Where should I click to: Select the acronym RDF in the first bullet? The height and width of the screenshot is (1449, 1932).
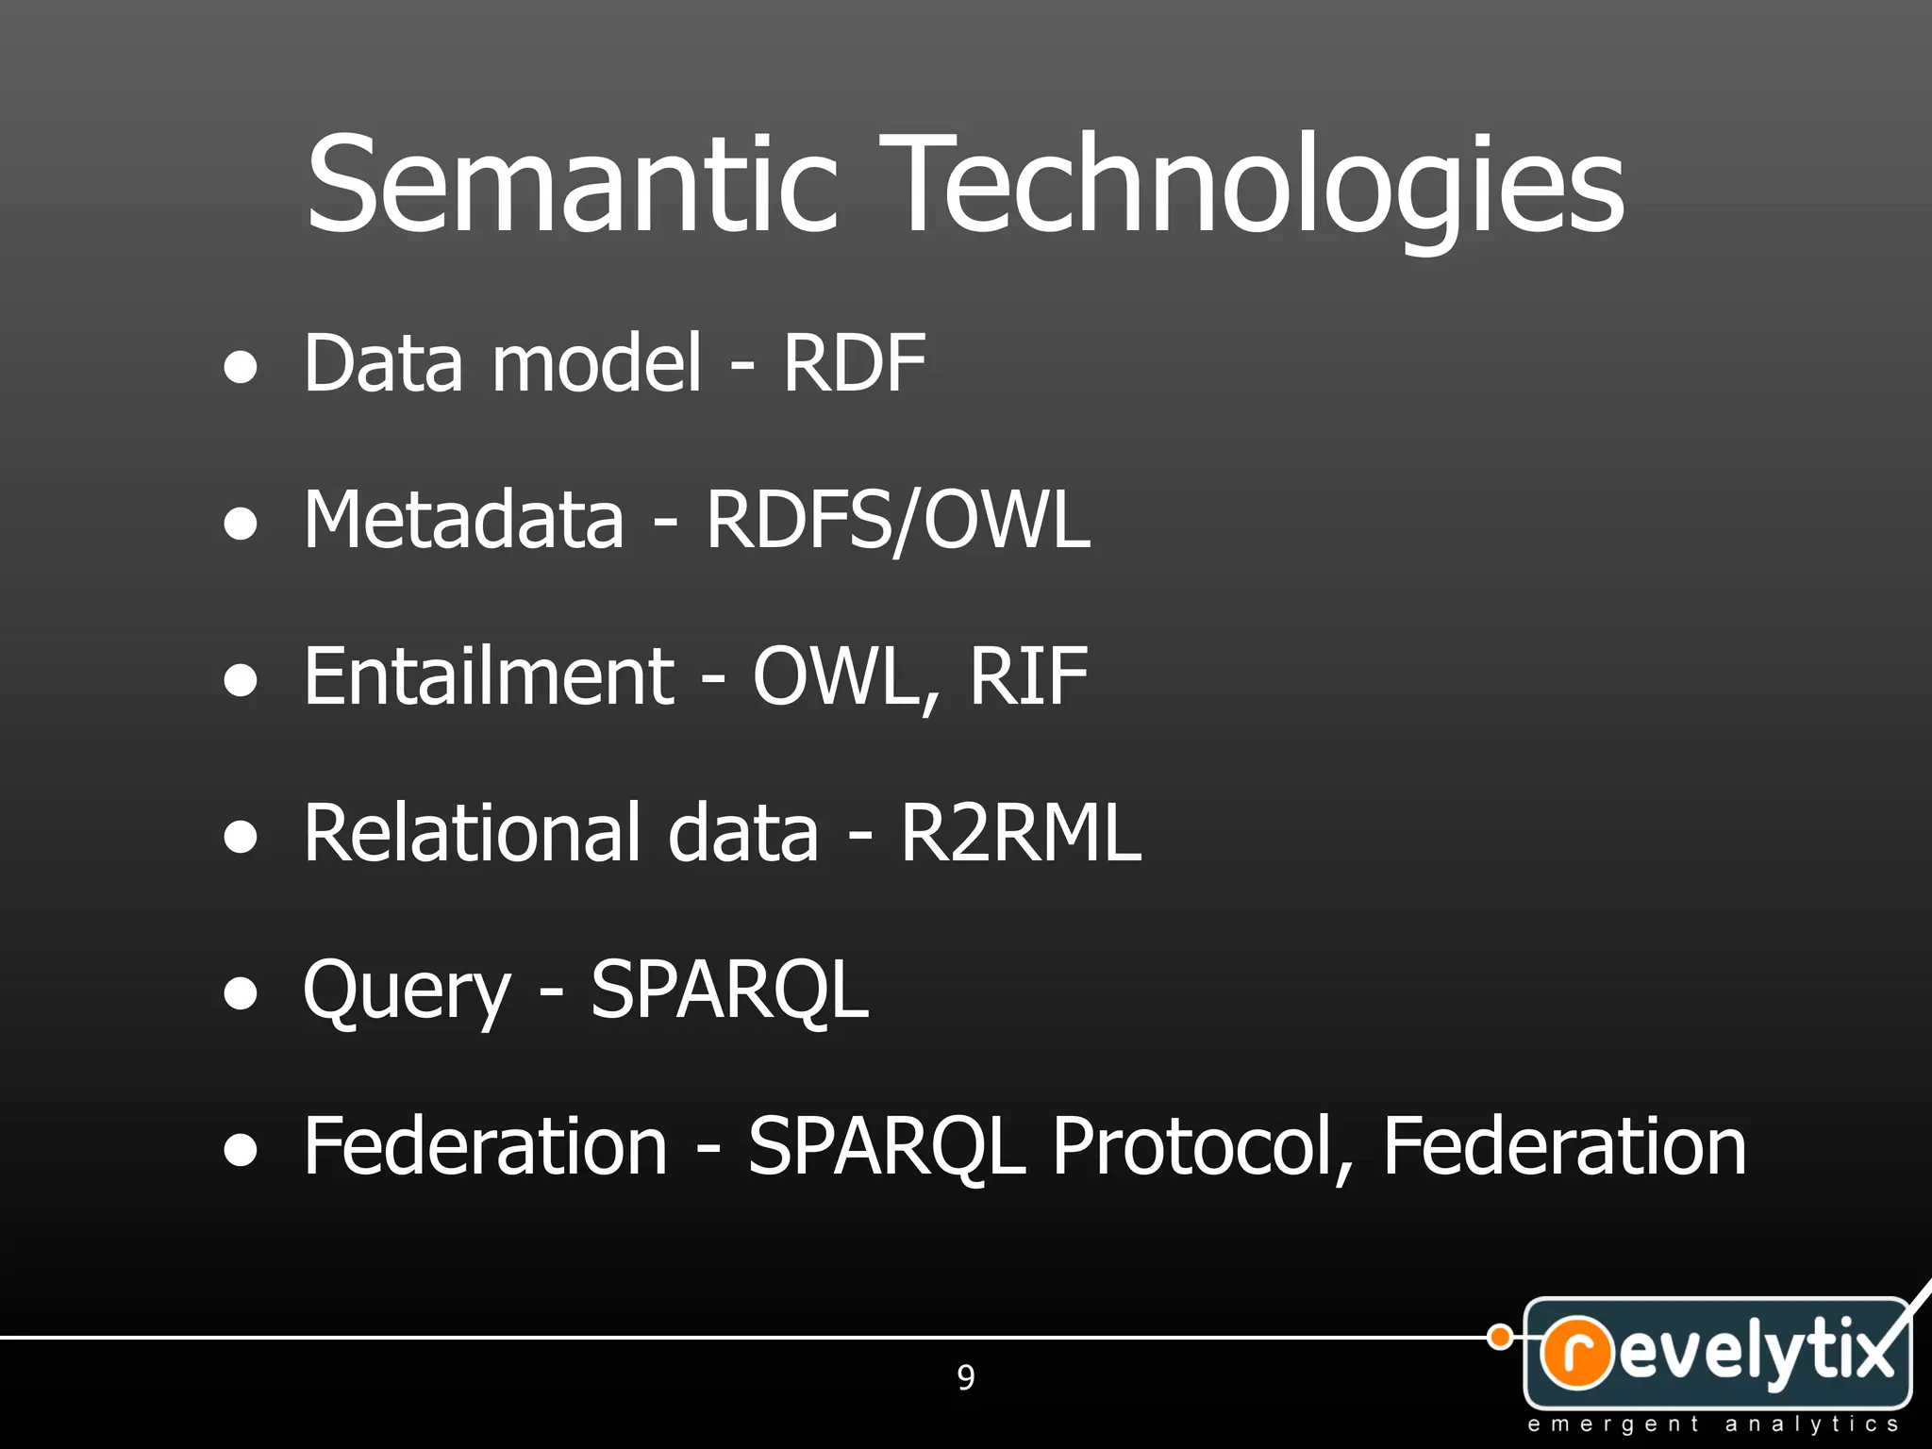(x=854, y=363)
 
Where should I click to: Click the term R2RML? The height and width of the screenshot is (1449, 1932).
(x=1021, y=832)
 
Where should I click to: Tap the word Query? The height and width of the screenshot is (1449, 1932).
(x=407, y=991)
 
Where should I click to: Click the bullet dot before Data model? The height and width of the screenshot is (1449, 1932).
(x=241, y=368)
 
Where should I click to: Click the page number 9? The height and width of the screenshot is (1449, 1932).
(x=966, y=1378)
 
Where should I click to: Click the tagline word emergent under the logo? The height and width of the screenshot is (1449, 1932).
(x=1613, y=1424)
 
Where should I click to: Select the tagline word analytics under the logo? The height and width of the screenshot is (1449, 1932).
(x=1811, y=1424)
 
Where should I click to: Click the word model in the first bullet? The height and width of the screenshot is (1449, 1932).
(x=597, y=363)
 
